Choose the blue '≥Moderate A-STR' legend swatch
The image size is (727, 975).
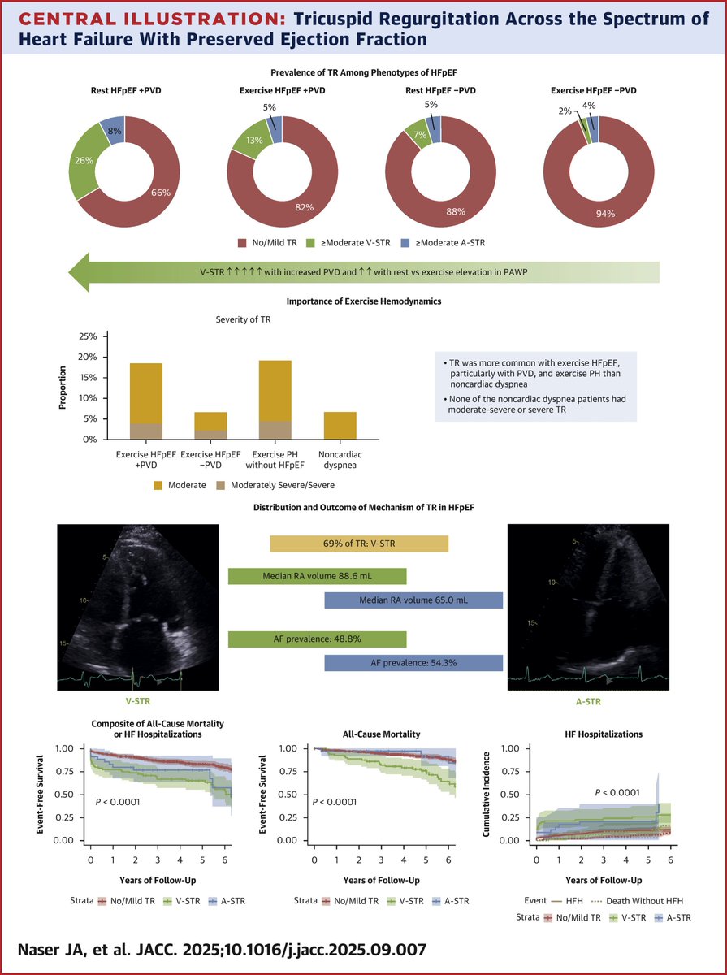pos(424,242)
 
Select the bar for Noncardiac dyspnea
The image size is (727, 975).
pos(340,425)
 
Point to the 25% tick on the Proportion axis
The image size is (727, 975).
pos(109,336)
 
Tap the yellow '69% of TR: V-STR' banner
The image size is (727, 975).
pos(358,544)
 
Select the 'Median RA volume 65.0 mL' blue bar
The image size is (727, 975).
pos(413,600)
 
